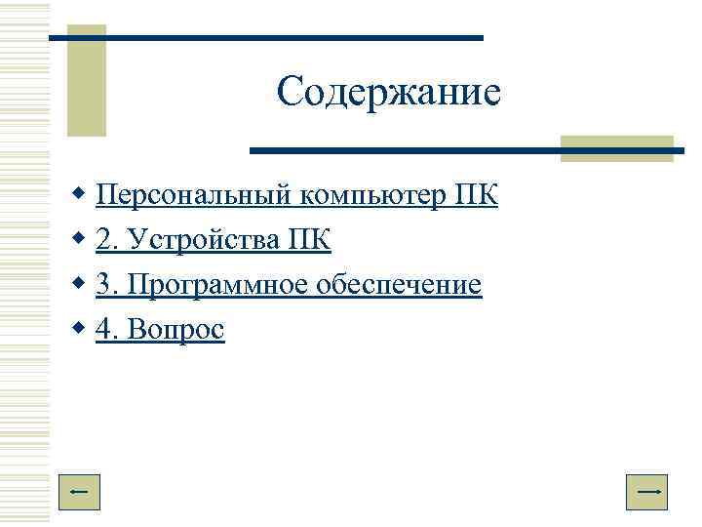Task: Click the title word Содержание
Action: [388, 93]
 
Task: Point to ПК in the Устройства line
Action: [310, 240]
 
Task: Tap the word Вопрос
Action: [174, 330]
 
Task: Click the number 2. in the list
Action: [105, 240]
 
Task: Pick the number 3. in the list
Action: [105, 285]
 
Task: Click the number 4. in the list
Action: [105, 330]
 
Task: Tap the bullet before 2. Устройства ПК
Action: [79, 240]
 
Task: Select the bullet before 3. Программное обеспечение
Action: [79, 285]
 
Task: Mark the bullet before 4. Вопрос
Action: [79, 330]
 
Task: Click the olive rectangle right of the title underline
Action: [617, 147]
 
